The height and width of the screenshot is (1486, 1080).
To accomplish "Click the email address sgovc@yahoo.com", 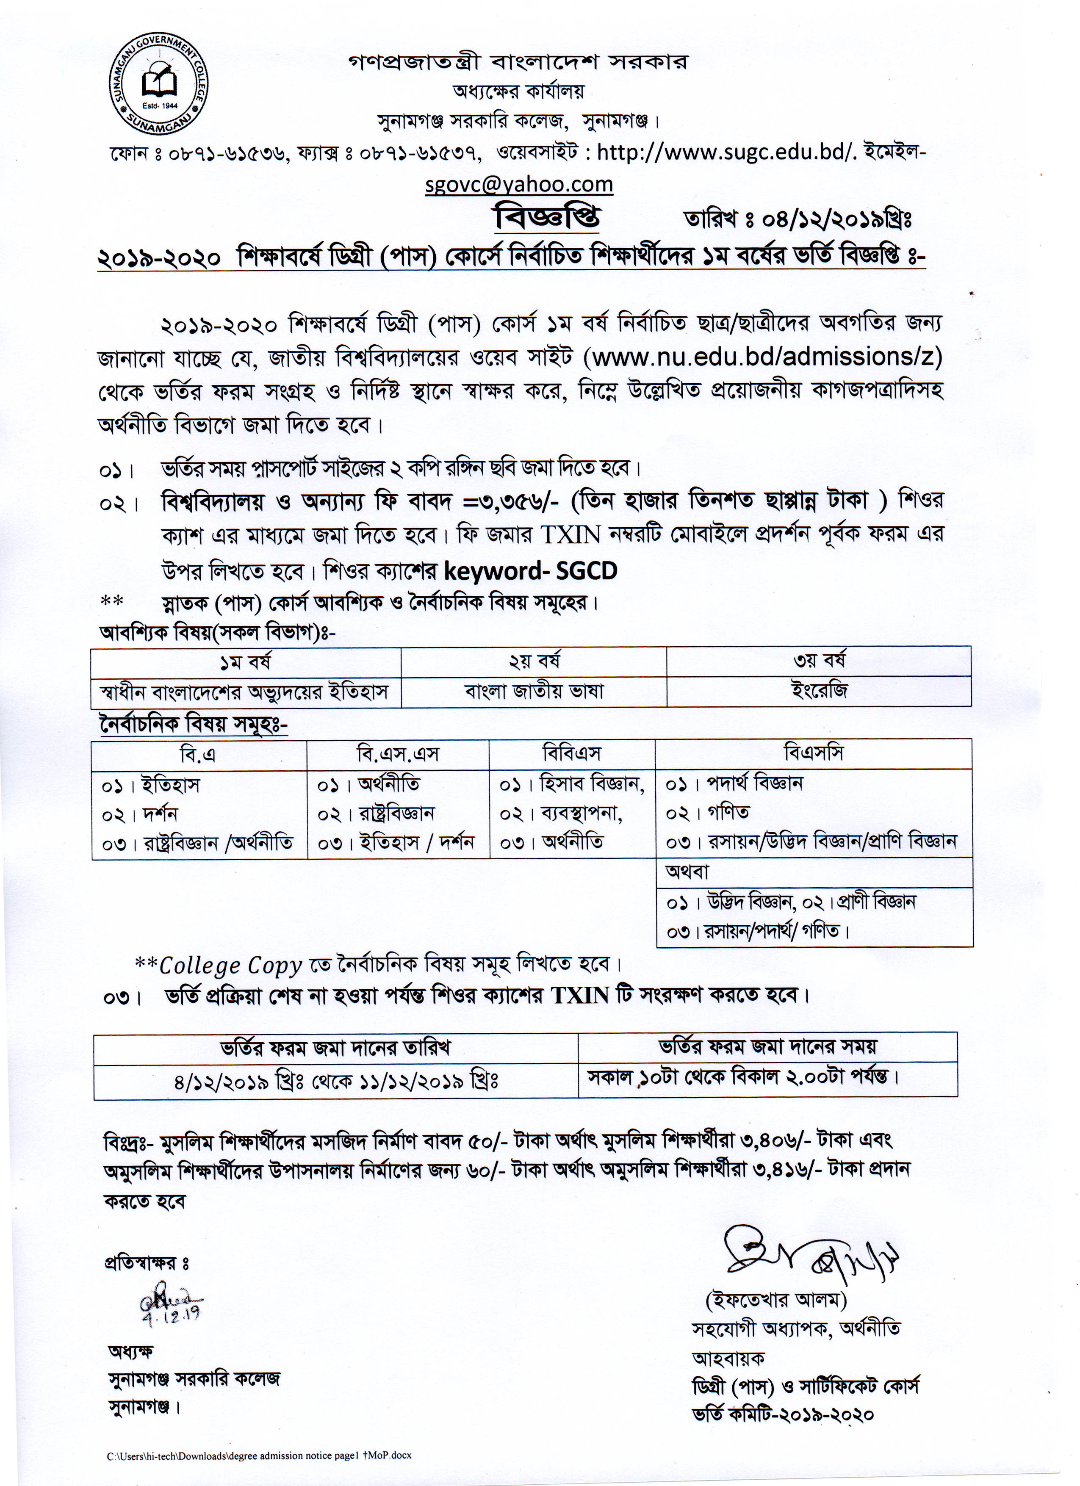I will tap(518, 184).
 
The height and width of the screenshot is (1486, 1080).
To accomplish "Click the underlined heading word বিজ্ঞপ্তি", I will tap(546, 218).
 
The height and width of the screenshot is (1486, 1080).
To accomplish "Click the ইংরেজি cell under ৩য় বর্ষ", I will tap(819, 691).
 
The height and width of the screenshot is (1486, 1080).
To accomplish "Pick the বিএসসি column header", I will tap(813, 753).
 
